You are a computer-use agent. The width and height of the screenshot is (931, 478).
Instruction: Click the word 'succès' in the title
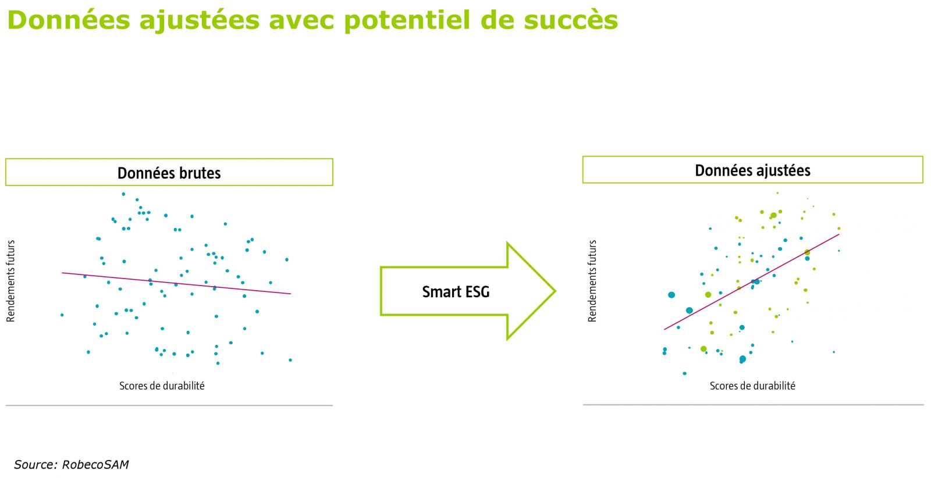click(571, 20)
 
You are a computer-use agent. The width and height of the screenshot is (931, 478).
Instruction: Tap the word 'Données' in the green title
click(69, 20)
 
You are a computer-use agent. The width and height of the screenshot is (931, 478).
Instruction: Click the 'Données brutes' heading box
click(169, 172)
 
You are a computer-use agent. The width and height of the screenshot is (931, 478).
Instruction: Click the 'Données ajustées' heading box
click(753, 169)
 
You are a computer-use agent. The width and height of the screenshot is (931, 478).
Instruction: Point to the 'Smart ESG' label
click(456, 291)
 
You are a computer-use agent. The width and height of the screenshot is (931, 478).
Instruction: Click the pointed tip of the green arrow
click(555, 291)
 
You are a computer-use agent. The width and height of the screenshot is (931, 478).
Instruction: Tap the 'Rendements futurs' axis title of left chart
click(10, 281)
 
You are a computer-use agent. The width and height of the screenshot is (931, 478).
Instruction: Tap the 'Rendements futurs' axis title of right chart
click(592, 281)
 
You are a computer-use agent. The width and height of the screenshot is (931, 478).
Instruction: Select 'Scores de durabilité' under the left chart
click(162, 386)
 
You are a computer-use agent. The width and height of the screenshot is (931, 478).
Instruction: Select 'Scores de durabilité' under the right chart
click(752, 386)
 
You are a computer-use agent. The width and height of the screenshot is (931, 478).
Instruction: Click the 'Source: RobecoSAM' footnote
click(72, 464)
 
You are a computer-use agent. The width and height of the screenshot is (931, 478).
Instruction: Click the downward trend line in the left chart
click(177, 283)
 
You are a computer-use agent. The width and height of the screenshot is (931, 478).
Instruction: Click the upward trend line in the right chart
click(751, 282)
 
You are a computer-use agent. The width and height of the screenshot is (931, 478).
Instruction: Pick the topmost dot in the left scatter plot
click(123, 194)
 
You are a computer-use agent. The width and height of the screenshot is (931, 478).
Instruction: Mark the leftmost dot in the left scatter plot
click(62, 315)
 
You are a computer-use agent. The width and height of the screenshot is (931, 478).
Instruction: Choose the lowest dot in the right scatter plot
click(684, 373)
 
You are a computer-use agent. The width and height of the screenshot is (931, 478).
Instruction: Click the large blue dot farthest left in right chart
click(671, 295)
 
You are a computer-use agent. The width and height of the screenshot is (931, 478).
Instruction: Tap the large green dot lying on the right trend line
click(807, 252)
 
